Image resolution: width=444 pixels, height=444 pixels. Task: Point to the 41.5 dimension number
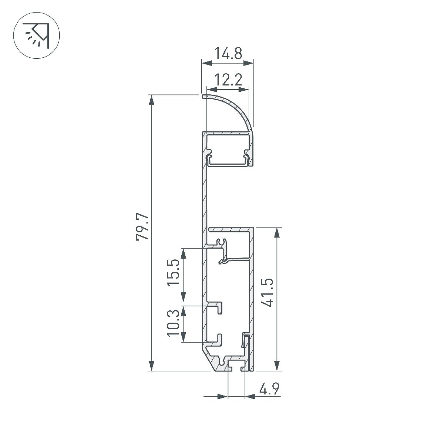point(267,293)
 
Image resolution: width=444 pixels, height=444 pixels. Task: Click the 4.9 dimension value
point(269,390)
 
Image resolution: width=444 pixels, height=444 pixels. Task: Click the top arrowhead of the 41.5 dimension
point(276,232)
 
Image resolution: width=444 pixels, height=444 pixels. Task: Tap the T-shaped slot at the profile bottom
point(236,366)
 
